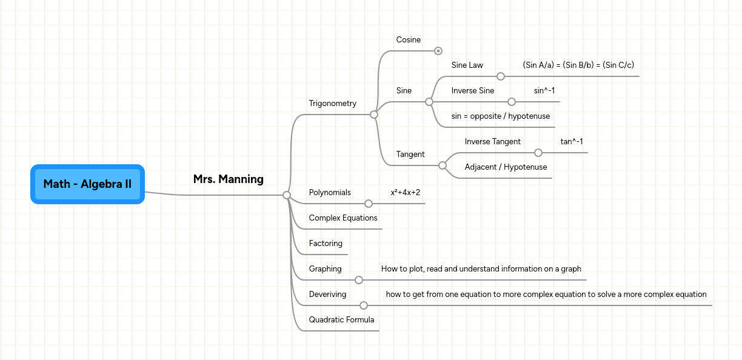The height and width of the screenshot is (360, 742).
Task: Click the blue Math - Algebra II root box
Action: click(x=87, y=184)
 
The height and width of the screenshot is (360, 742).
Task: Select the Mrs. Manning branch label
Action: click(x=228, y=179)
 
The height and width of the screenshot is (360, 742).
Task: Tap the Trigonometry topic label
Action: click(x=332, y=104)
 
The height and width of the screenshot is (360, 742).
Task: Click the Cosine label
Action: click(x=408, y=40)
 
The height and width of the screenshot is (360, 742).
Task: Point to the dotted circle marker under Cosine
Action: click(x=438, y=51)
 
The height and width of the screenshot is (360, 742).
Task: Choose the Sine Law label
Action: click(x=467, y=65)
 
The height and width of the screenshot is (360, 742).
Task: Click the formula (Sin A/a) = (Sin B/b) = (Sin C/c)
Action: click(x=578, y=65)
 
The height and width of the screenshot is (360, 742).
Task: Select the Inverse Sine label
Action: click(x=472, y=91)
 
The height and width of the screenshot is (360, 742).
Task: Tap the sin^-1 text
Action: click(x=544, y=91)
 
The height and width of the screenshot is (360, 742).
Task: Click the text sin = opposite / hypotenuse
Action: click(x=500, y=116)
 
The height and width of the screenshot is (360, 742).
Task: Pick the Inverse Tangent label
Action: click(x=492, y=142)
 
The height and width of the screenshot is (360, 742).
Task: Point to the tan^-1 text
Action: click(x=572, y=142)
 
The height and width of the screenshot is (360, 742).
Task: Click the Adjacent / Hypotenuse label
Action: click(x=506, y=167)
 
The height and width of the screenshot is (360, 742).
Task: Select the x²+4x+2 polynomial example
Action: click(x=405, y=193)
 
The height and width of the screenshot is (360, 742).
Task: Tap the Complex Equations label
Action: click(x=343, y=218)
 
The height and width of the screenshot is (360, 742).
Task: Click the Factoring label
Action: click(x=326, y=244)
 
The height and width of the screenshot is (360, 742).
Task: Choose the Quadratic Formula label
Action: click(x=341, y=320)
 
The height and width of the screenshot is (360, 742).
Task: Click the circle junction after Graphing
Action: click(x=359, y=280)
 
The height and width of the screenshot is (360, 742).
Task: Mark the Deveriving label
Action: click(x=327, y=295)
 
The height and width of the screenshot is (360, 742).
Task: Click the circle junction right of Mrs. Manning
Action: click(x=287, y=195)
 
